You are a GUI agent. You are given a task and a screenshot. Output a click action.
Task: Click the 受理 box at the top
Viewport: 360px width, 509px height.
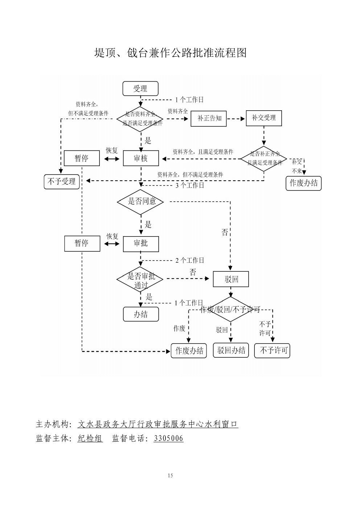point(140,89)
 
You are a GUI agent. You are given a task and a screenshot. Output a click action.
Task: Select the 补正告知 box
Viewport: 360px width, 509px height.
point(209,118)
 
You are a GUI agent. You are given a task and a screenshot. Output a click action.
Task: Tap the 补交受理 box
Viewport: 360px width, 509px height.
point(264,118)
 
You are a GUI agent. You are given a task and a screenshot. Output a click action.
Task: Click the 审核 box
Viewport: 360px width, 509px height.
point(141,159)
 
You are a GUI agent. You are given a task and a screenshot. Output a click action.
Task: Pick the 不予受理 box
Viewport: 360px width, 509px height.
point(62,181)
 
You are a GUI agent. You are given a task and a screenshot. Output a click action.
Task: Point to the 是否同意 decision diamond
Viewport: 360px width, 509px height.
point(141,202)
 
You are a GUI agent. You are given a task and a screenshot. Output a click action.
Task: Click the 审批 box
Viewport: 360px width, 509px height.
point(141,243)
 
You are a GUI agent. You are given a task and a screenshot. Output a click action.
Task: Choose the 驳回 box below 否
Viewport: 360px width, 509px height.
point(231,279)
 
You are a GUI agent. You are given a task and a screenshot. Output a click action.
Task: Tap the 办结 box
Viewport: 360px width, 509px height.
point(141,314)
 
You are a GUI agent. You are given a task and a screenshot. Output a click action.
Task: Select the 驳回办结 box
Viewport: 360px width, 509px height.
point(231,350)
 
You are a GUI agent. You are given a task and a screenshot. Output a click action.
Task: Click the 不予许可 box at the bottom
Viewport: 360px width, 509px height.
point(272,350)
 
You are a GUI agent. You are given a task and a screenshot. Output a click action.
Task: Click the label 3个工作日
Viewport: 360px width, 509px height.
point(190,185)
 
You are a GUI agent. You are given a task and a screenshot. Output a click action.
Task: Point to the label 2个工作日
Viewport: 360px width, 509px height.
point(190,260)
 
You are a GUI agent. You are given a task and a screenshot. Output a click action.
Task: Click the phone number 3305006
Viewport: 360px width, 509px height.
point(168,438)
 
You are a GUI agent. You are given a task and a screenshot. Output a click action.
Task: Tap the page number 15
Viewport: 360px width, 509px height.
point(171,476)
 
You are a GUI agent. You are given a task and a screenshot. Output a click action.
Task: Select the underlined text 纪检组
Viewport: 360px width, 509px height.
point(90,438)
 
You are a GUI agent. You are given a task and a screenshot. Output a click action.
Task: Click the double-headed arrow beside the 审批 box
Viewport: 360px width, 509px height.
point(112,244)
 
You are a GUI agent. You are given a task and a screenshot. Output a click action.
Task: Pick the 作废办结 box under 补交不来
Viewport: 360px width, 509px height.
point(303,183)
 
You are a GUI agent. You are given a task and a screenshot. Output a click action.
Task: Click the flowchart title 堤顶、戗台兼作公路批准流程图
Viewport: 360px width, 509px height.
point(171,53)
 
